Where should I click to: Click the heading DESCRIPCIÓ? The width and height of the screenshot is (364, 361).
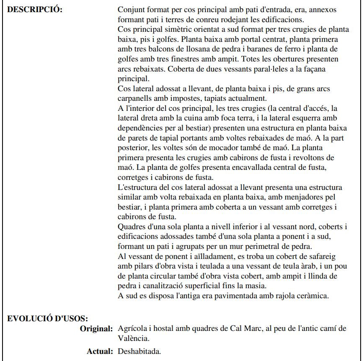(x=35, y=10)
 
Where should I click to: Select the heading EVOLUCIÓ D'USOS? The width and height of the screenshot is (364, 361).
(x=47, y=318)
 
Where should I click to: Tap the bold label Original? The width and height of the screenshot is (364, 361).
(x=96, y=328)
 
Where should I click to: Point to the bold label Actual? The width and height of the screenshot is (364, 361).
(x=100, y=351)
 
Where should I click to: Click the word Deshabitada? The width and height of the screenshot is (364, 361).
(x=139, y=351)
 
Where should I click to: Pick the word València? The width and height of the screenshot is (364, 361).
(x=134, y=338)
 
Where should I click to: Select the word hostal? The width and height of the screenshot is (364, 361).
(x=165, y=328)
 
